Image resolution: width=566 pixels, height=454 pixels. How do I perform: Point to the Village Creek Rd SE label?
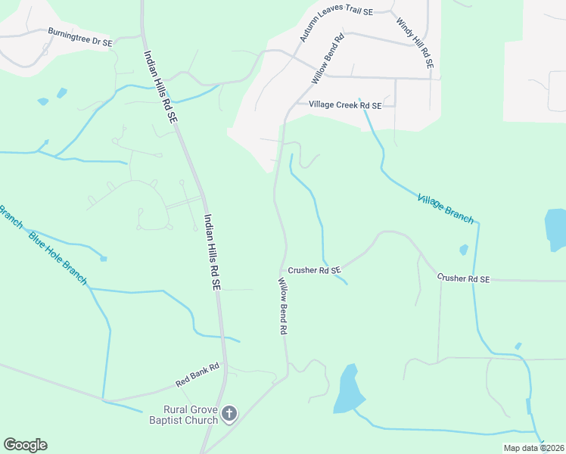(344, 105)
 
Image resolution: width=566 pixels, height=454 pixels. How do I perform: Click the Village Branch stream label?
(446, 209)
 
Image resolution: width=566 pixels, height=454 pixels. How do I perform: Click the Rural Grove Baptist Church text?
(181, 415)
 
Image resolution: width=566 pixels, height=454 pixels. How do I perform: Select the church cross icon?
(230, 414)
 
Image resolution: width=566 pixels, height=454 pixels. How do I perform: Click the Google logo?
(25, 445)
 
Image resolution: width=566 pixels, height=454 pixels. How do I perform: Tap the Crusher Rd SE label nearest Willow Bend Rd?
(314, 269)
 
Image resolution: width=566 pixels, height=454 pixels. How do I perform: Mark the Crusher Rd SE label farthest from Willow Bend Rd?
(463, 278)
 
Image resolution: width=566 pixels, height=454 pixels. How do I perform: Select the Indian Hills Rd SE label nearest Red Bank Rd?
(210, 252)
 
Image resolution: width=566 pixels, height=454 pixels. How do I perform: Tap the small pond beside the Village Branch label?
(463, 250)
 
